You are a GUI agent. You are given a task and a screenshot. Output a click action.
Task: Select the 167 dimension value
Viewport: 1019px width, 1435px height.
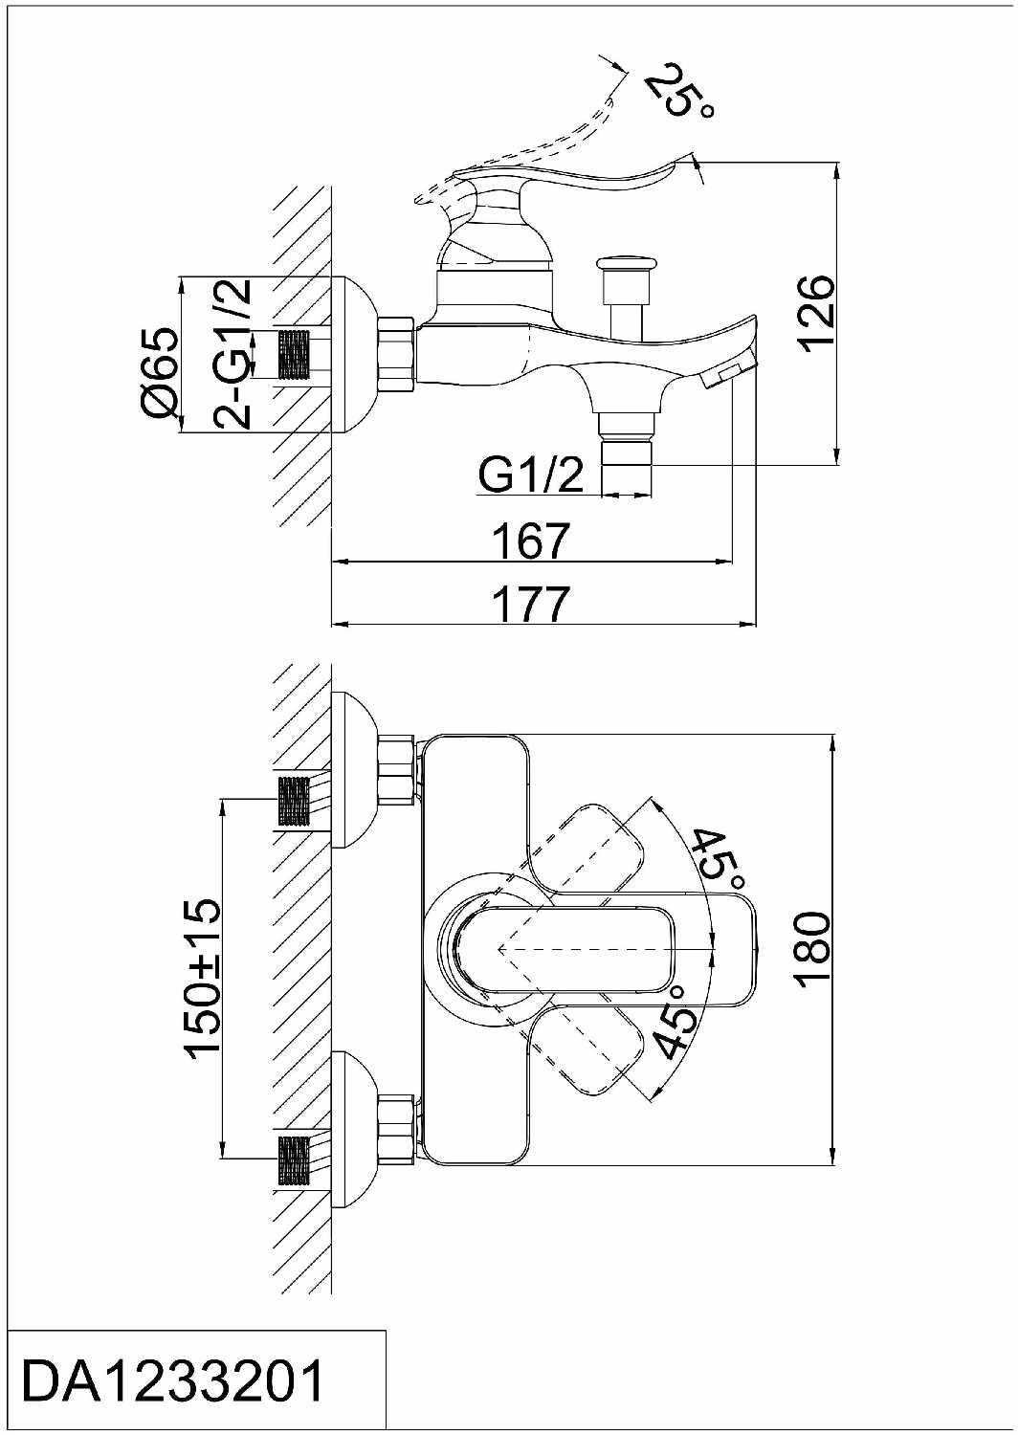pyautogui.click(x=531, y=541)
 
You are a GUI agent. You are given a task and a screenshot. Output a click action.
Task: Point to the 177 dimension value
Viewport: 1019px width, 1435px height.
pyautogui.click(x=531, y=604)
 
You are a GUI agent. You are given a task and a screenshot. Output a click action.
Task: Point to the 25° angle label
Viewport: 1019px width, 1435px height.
pyautogui.click(x=679, y=91)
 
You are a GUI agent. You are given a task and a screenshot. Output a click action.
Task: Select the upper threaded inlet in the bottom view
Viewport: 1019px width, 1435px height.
pyautogui.click(x=294, y=800)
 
